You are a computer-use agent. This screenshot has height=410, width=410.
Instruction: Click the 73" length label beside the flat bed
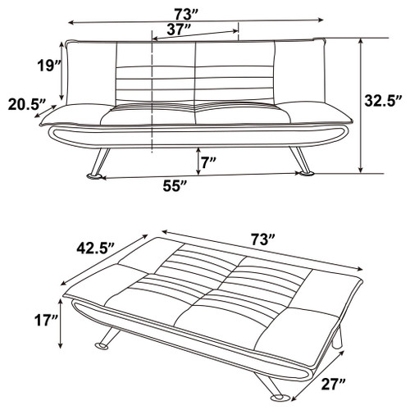pos(262,239)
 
